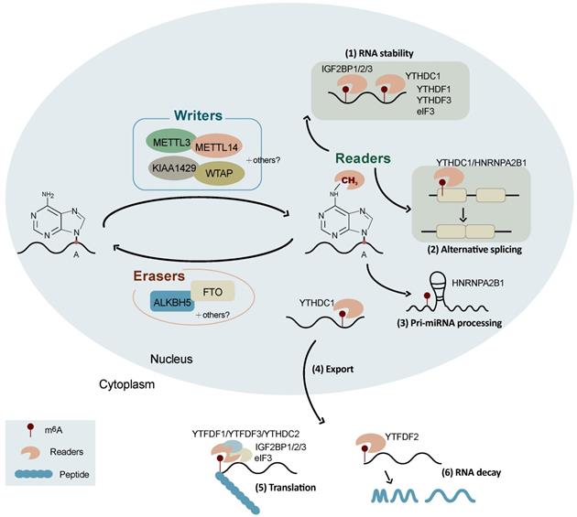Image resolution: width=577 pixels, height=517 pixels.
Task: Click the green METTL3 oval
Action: pyautogui.click(x=172, y=143)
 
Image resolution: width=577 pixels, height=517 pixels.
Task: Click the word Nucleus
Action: pyautogui.click(x=171, y=360)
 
